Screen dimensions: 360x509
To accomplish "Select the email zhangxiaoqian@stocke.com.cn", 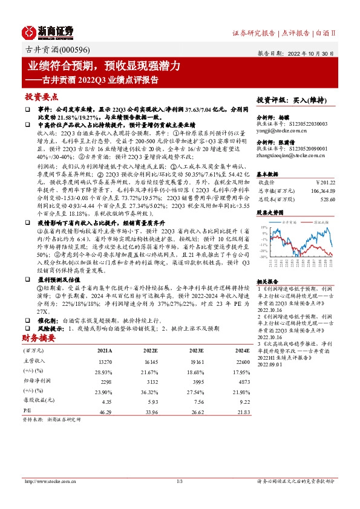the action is [x=290, y=155].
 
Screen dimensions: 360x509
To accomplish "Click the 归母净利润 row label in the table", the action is [x=34, y=381].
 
